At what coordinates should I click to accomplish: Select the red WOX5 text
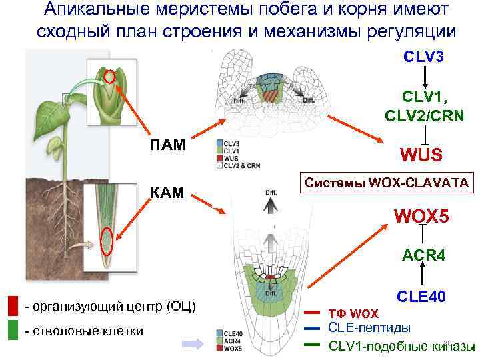point(422,217)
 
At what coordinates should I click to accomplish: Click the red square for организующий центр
point(13,306)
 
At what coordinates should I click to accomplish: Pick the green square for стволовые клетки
point(13,331)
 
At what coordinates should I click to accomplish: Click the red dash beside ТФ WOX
point(313,312)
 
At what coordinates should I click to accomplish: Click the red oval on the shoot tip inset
point(111,79)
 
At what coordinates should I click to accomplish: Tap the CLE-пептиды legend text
point(369,327)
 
